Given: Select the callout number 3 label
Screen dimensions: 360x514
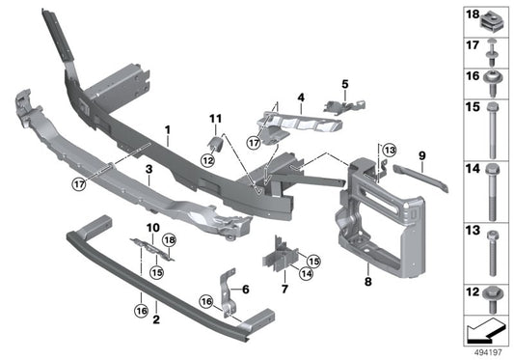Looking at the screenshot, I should [x=149, y=170].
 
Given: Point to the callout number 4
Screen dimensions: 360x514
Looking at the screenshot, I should [x=301, y=97].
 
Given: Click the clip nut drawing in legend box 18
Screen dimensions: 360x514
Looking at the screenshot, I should [x=492, y=16].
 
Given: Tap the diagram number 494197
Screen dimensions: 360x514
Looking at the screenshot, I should [x=489, y=352].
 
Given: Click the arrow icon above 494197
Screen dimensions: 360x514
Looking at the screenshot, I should [x=485, y=331].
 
